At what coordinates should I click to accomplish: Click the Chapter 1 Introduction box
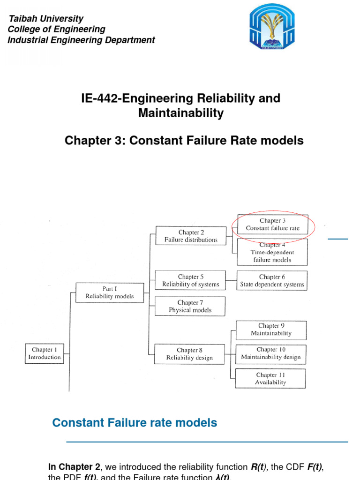(x=45, y=353)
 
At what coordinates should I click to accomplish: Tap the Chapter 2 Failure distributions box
(x=191, y=236)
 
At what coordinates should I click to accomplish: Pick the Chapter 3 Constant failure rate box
(x=272, y=225)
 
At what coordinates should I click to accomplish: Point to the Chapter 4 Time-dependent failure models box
(x=272, y=252)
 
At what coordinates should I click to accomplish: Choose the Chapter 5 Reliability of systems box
(x=190, y=280)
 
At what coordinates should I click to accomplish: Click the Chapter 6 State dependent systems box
(x=272, y=280)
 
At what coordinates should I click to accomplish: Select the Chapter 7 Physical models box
(x=190, y=306)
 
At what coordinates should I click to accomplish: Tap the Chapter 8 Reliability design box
(x=190, y=354)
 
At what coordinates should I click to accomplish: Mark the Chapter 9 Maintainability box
(x=271, y=330)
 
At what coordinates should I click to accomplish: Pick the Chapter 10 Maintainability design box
(x=271, y=353)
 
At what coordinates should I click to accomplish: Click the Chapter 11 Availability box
(x=270, y=378)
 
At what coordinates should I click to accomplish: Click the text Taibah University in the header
(x=46, y=19)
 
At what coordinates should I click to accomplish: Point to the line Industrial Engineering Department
(x=82, y=40)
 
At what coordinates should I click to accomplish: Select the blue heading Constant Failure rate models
(x=135, y=422)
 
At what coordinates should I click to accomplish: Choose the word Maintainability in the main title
(x=180, y=113)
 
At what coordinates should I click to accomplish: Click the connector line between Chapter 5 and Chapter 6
(x=231, y=280)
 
